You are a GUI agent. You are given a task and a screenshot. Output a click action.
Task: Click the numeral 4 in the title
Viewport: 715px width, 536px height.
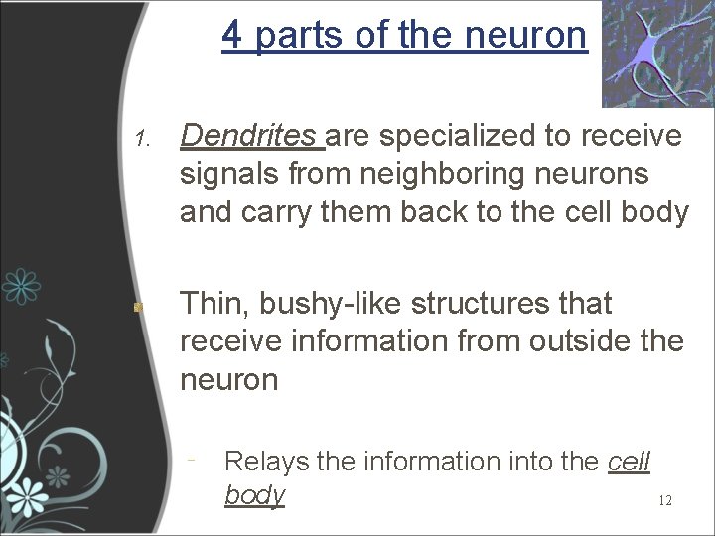(x=231, y=36)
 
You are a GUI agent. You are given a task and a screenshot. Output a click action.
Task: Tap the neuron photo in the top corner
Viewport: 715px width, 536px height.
(x=656, y=54)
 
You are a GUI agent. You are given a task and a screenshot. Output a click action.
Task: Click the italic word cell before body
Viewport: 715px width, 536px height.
(x=627, y=461)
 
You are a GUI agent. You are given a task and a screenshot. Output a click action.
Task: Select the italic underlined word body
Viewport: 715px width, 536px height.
(x=254, y=494)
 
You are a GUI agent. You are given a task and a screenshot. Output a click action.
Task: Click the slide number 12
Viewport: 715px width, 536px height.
(x=665, y=501)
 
